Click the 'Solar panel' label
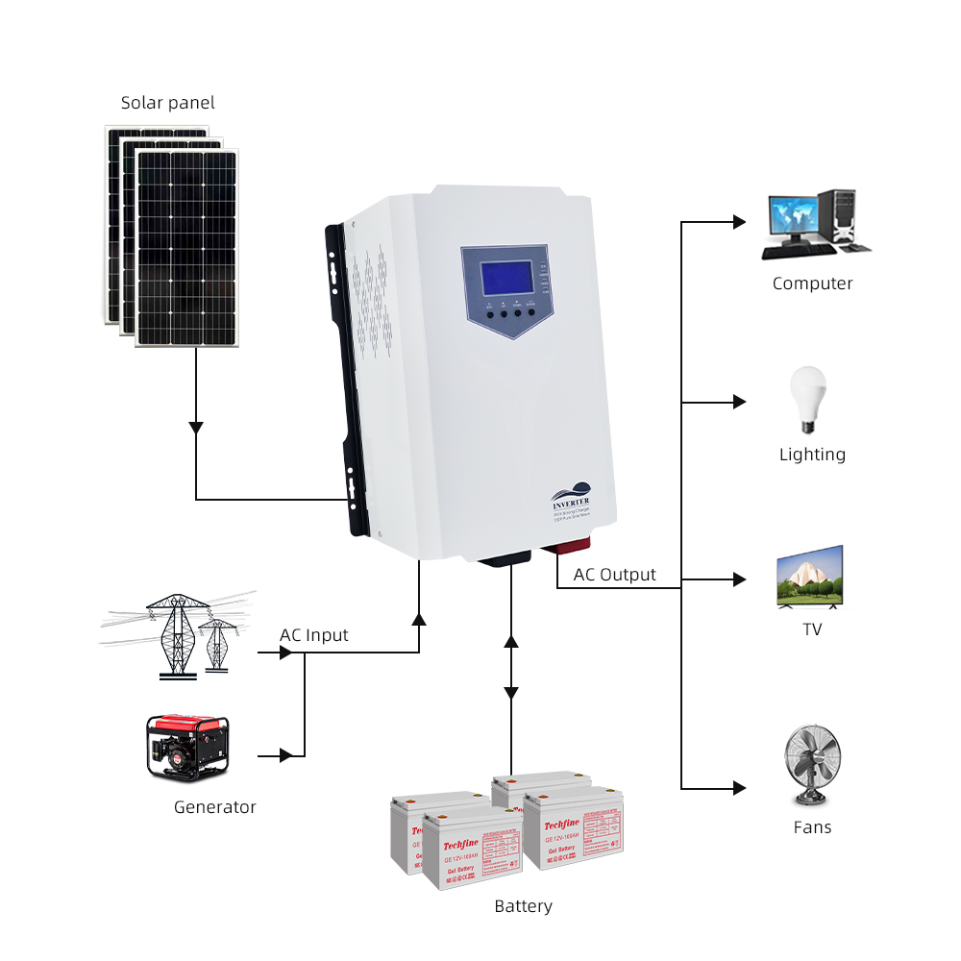(x=168, y=103)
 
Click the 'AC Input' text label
(x=314, y=635)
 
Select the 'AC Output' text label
(x=615, y=575)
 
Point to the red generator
(x=187, y=746)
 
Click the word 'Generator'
(x=215, y=807)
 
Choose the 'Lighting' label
(x=812, y=455)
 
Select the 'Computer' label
(x=812, y=283)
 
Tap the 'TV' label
(x=812, y=629)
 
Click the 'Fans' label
(x=812, y=827)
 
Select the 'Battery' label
(x=524, y=906)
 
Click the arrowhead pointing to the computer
(x=739, y=222)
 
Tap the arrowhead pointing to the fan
(x=739, y=788)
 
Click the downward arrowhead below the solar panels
(x=196, y=427)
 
